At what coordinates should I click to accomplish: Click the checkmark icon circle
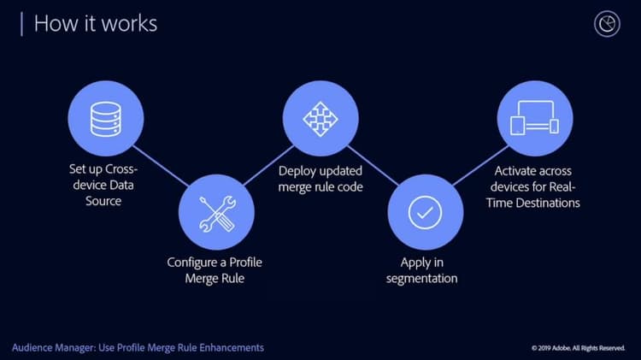pos(425,212)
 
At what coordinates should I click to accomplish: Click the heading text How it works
pos(95,23)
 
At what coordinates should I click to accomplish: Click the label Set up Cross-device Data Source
pos(104,185)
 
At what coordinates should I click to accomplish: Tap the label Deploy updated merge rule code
pos(320,178)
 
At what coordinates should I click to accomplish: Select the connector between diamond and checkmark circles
pos(373,166)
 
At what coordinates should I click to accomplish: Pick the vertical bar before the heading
pos(21,23)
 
